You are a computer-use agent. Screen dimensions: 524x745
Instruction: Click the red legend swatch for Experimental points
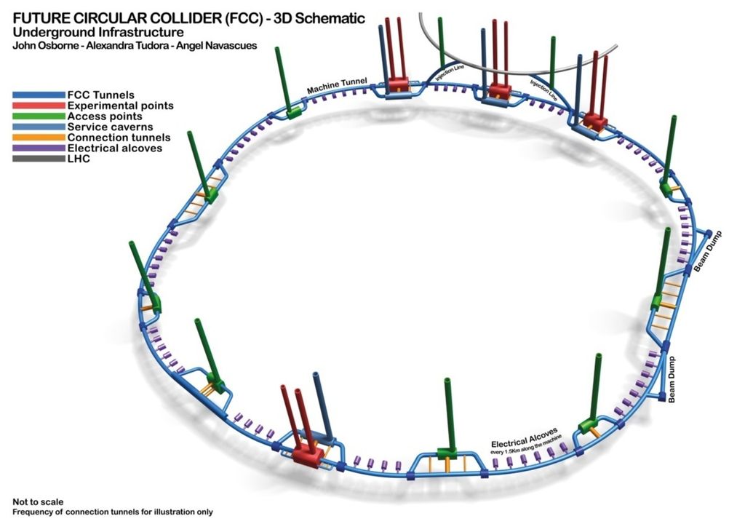[38, 106]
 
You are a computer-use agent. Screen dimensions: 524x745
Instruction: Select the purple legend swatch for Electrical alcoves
[38, 148]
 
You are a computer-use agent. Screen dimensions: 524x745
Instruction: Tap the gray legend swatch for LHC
[38, 159]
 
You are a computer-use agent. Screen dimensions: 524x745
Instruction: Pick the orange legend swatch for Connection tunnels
[38, 138]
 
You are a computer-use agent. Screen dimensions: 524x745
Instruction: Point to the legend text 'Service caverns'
[110, 127]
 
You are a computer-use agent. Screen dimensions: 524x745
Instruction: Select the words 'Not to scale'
[38, 501]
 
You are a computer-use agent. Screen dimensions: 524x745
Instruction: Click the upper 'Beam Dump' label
[705, 258]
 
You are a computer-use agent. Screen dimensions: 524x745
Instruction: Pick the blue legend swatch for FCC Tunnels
[38, 95]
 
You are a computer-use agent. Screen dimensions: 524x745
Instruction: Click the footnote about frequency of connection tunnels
[113, 512]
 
